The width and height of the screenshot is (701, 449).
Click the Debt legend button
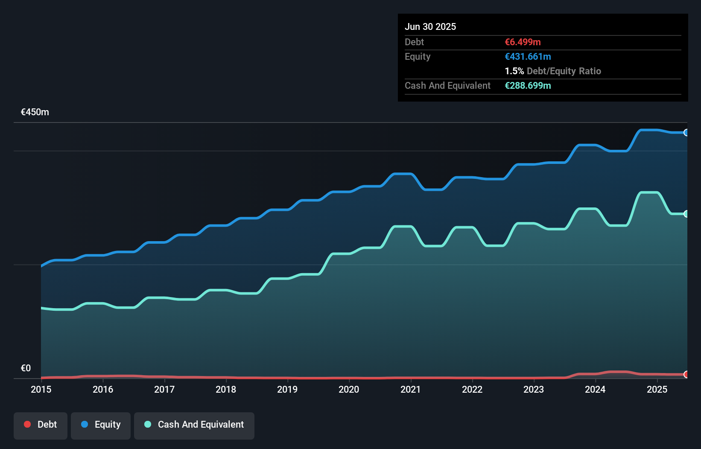pyautogui.click(x=41, y=425)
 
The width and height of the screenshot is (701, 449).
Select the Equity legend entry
pyautogui.click(x=101, y=425)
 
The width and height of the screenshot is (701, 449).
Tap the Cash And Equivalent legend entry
pyautogui.click(x=194, y=425)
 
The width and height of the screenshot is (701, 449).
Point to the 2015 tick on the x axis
pyautogui.click(x=41, y=389)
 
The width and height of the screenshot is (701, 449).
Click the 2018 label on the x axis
pyautogui.click(x=226, y=389)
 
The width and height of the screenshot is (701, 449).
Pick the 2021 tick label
pyautogui.click(x=410, y=389)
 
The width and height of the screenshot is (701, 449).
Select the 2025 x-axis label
pyautogui.click(x=657, y=389)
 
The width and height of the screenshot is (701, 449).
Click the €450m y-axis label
pyautogui.click(x=35, y=112)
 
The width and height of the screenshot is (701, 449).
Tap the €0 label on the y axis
pyautogui.click(x=26, y=368)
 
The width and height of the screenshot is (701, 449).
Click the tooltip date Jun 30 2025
pyautogui.click(x=430, y=26)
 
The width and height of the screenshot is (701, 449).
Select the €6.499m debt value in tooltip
pyautogui.click(x=523, y=42)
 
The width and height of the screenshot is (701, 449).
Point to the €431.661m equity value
pyautogui.click(x=528, y=56)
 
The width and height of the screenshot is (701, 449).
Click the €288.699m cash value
pyautogui.click(x=528, y=85)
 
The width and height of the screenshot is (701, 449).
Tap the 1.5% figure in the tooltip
pyautogui.click(x=514, y=71)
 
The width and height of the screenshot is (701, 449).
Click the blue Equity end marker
pyautogui.click(x=686, y=133)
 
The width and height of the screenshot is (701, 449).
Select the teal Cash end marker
pyautogui.click(x=686, y=214)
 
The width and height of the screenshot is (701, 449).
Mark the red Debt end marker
pyautogui.click(x=686, y=374)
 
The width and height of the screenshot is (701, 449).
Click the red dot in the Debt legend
pyautogui.click(x=27, y=424)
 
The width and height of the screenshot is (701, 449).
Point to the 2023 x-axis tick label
pyautogui.click(x=534, y=389)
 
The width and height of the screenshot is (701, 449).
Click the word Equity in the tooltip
pyautogui.click(x=418, y=56)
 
